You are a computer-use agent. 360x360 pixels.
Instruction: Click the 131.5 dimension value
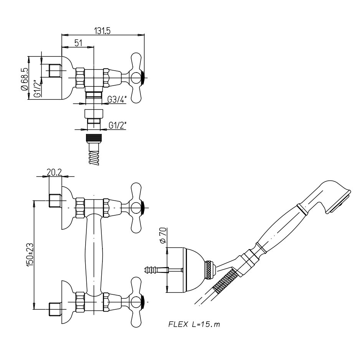pos(102,31)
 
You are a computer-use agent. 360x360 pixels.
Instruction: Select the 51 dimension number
pos(78,43)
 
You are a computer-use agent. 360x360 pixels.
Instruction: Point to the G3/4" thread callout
pos(117,99)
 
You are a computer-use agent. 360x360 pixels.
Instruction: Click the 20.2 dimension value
pos(54,172)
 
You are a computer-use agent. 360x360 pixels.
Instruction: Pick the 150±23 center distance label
pos(30,254)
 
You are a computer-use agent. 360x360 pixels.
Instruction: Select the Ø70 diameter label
pos(163,235)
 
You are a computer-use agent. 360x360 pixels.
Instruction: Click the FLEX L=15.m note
pos(194,324)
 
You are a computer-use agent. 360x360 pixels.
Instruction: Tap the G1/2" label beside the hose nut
pos(117,126)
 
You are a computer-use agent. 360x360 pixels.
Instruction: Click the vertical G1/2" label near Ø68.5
pos(37,88)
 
